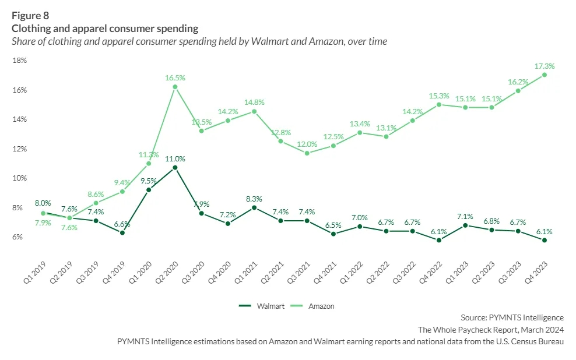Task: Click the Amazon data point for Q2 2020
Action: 175,87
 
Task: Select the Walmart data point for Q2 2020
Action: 175,167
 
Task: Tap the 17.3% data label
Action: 544,66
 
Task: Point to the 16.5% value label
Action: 175,77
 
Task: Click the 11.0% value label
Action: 175,158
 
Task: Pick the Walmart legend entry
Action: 262,305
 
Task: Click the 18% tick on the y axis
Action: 19,61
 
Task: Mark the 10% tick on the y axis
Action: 19,178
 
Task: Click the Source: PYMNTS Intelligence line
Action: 512,317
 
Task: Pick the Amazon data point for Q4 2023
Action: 545,75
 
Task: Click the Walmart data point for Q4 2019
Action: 122,232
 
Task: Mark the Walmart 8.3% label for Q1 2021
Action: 254,199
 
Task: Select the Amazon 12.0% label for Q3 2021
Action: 307,144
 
